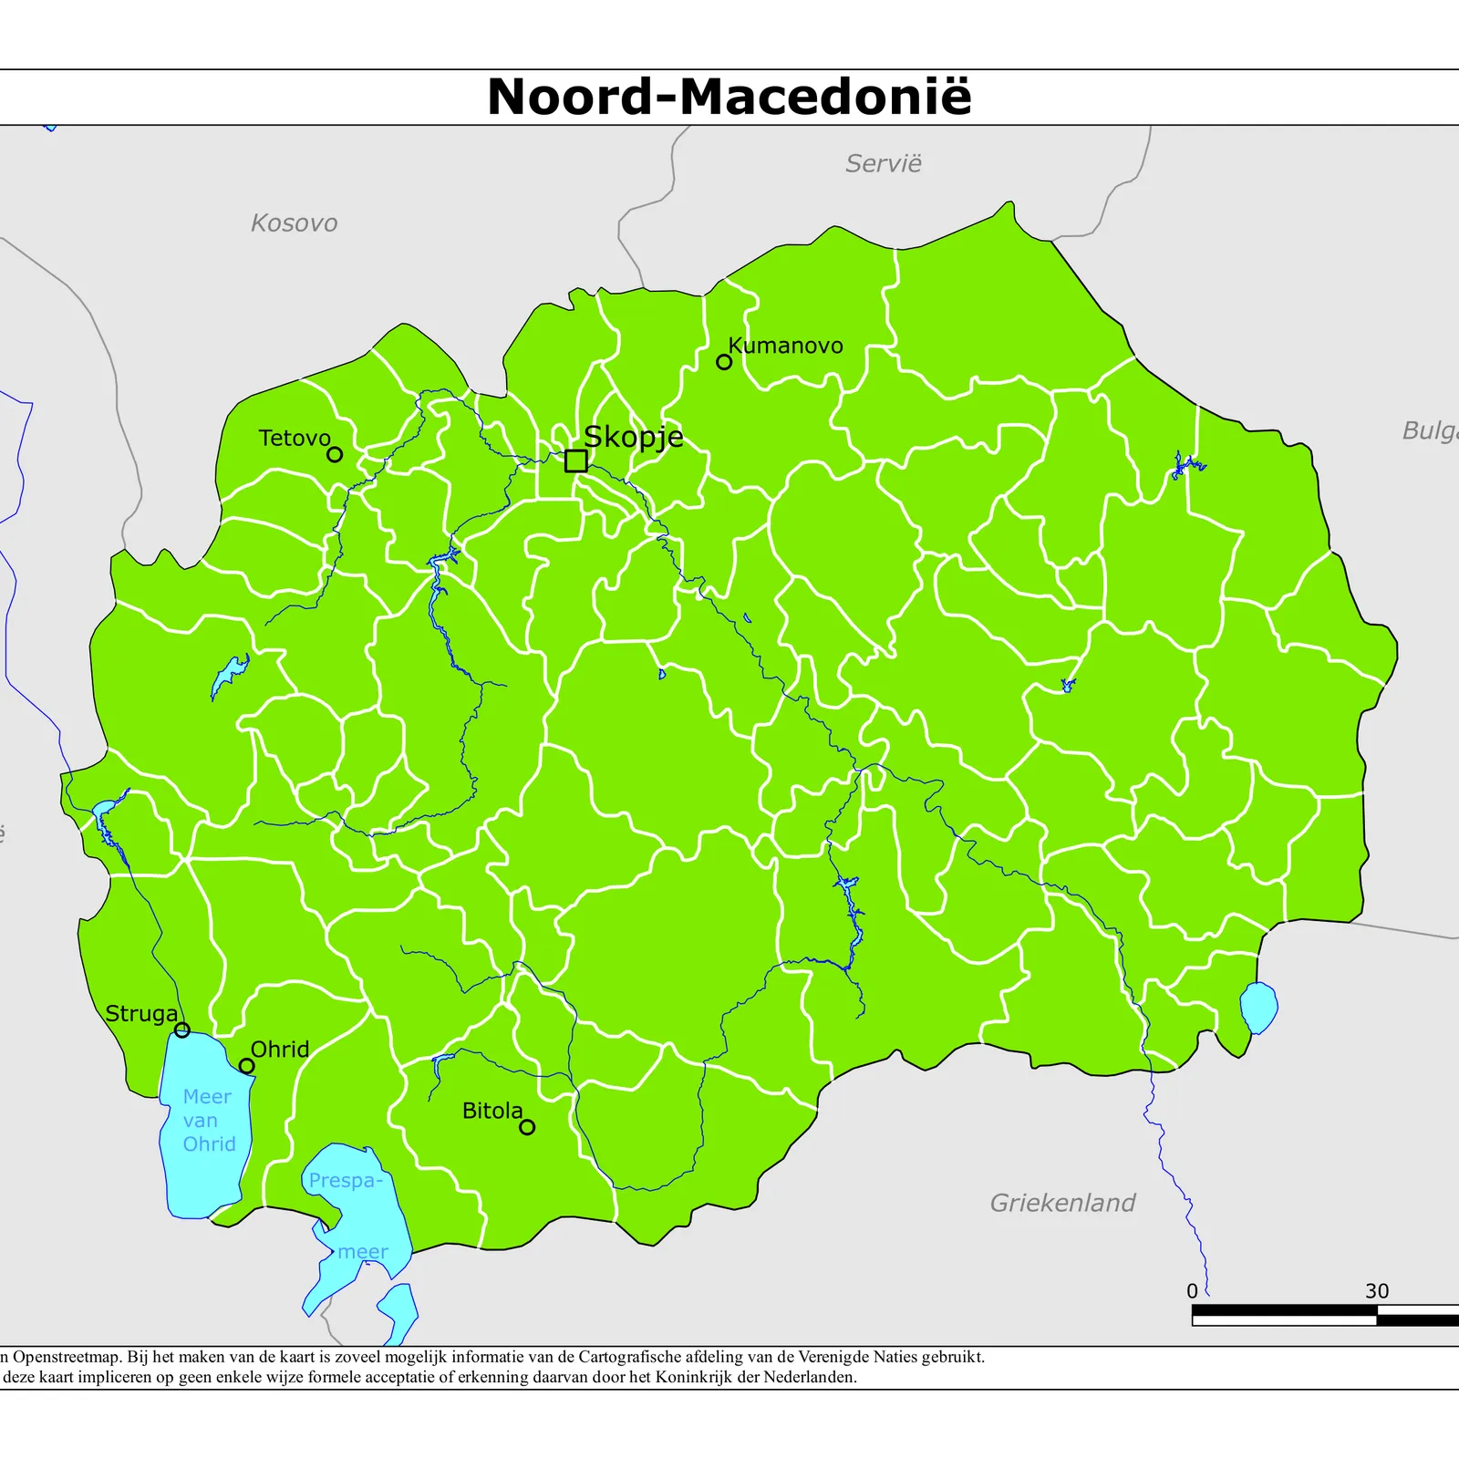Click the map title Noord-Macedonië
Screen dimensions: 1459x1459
click(729, 97)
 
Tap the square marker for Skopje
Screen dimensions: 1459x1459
click(575, 460)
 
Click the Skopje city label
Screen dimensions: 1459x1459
click(633, 437)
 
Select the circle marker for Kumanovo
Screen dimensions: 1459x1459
click(724, 362)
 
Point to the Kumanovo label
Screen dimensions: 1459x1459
click(785, 346)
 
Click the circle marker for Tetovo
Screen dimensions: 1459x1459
click(335, 454)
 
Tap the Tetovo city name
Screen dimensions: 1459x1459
click(294, 439)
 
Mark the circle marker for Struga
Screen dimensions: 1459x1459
click(182, 1030)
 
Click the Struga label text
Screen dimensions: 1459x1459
click(141, 1014)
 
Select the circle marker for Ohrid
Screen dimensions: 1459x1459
click(246, 1066)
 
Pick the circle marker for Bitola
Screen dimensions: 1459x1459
click(527, 1127)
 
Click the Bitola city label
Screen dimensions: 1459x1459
click(492, 1111)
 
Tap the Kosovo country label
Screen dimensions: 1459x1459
click(294, 223)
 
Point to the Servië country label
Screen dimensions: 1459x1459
click(883, 164)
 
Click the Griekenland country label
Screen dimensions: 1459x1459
click(1062, 1203)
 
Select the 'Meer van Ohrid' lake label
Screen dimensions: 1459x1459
click(209, 1120)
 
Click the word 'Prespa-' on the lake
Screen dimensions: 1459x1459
click(345, 1181)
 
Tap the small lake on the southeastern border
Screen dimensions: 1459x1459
click(1258, 1007)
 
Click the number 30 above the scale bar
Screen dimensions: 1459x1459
click(1377, 1291)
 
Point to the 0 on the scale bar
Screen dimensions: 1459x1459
click(1192, 1291)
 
